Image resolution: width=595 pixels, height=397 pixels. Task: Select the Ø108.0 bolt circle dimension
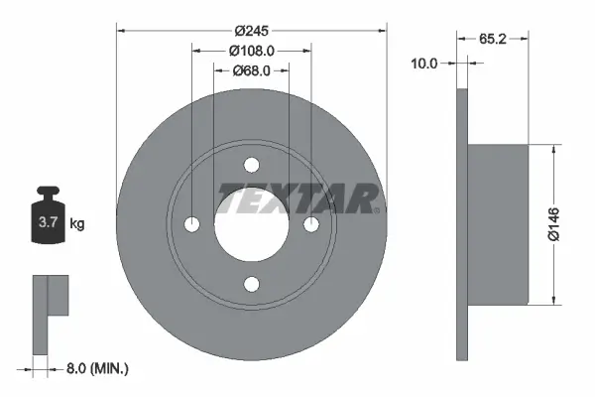click(252, 50)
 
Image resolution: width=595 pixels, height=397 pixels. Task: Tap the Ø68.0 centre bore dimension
click(252, 69)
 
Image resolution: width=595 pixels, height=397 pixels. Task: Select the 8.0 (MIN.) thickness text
click(95, 368)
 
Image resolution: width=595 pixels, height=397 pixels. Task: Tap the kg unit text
click(76, 224)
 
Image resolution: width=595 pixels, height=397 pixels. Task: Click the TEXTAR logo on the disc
click(297, 198)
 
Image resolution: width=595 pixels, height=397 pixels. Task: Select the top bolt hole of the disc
click(252, 165)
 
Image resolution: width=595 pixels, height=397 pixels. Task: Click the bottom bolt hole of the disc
click(252, 285)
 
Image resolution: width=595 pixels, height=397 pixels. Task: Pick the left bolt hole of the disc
click(191, 224)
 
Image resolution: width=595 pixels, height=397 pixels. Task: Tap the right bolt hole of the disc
click(311, 224)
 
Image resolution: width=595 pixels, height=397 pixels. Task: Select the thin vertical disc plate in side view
click(461, 224)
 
